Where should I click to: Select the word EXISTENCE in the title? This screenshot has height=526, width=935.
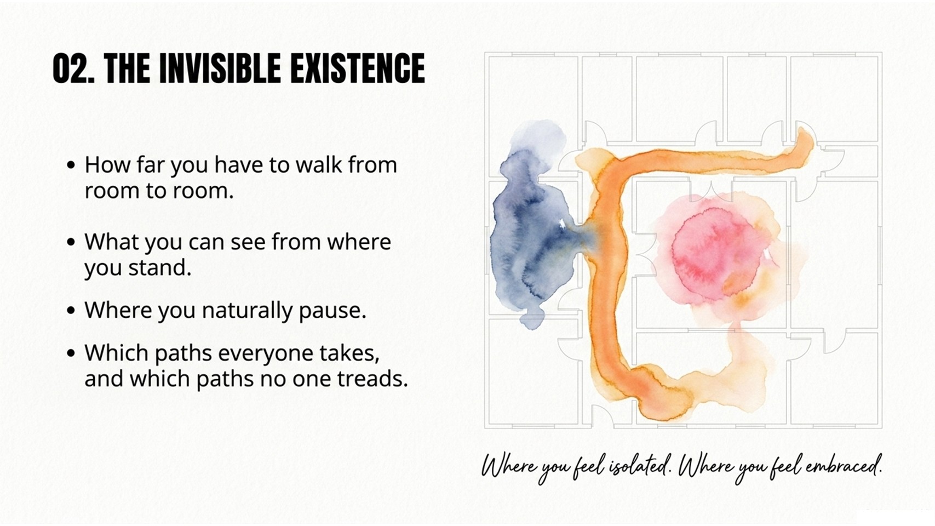point(357,69)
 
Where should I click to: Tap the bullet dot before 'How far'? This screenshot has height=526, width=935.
point(71,164)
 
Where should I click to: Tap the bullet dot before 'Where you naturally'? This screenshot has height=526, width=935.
point(71,310)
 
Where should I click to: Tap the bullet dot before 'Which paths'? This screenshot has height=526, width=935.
point(71,353)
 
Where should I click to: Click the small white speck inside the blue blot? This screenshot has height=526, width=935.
point(562,223)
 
